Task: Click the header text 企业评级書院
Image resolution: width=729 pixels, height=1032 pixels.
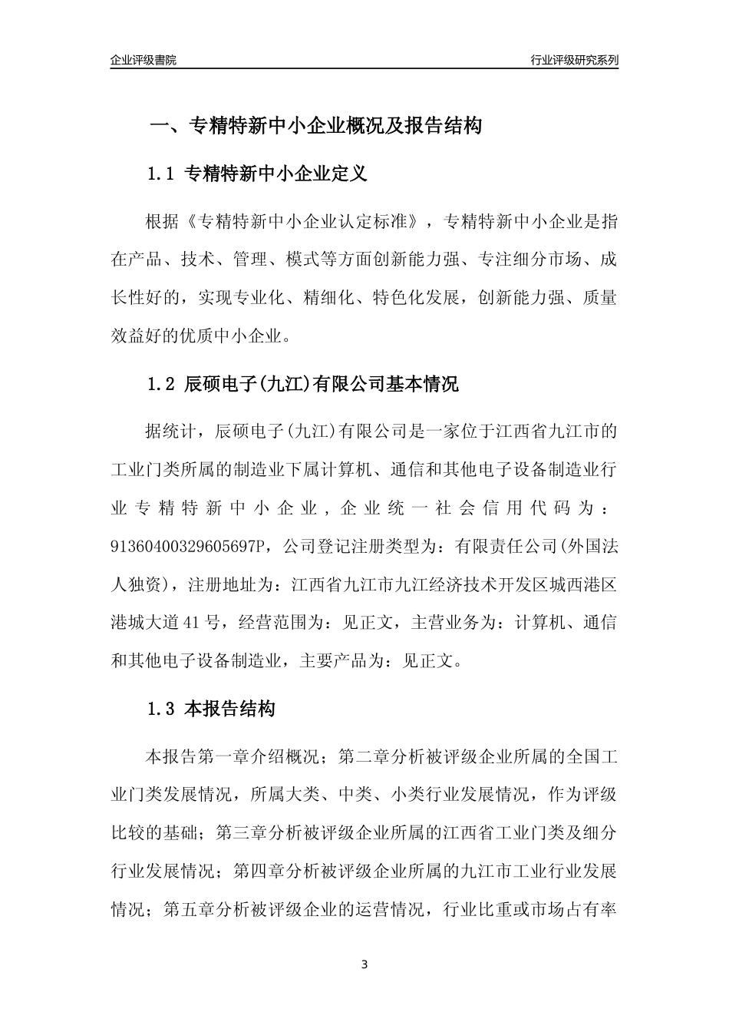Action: [x=143, y=60]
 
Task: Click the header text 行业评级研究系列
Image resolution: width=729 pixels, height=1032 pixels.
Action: [x=574, y=60]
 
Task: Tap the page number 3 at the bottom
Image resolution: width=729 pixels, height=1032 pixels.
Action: [x=364, y=964]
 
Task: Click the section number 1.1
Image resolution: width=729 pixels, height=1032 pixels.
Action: [x=162, y=174]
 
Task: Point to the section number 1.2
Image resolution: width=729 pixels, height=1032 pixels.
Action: [x=162, y=384]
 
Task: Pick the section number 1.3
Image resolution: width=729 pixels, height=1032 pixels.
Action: [x=162, y=709]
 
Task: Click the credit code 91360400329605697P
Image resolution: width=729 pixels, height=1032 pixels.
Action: [x=190, y=546]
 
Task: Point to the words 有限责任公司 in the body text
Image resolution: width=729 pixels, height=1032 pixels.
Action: [x=505, y=546]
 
